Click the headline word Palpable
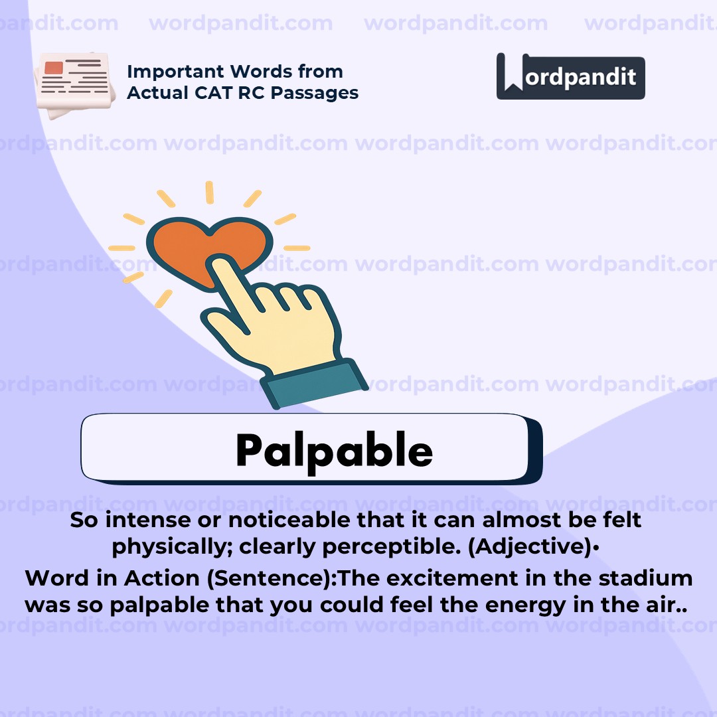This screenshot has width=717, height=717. click(334, 451)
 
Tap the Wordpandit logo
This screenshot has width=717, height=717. click(570, 76)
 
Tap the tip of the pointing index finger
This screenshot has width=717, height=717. click(219, 265)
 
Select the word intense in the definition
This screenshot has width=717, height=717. click(139, 520)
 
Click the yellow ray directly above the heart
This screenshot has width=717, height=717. click(210, 193)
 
